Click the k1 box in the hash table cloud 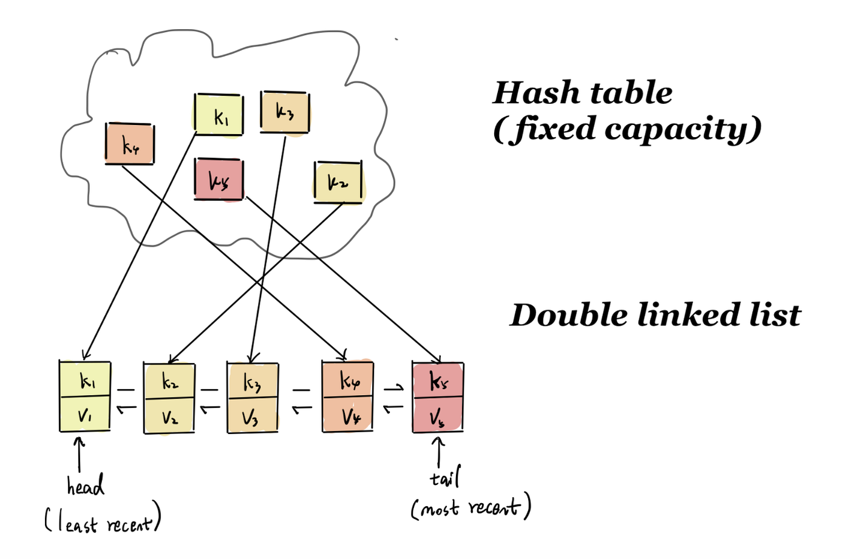pyautogui.click(x=219, y=115)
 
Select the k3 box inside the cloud pyautogui.click(x=285, y=112)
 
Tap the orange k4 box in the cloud pyautogui.click(x=130, y=144)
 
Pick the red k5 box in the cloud pyautogui.click(x=219, y=180)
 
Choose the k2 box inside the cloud pyautogui.click(x=338, y=182)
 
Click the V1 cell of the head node pyautogui.click(x=85, y=415)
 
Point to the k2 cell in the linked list pyautogui.click(x=169, y=381)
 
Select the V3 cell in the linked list pyautogui.click(x=253, y=416)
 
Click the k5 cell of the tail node pyautogui.click(x=438, y=381)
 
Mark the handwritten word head pyautogui.click(x=85, y=486)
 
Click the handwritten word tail pyautogui.click(x=445, y=478)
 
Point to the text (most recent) pyautogui.click(x=471, y=507)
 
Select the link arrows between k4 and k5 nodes pyautogui.click(x=393, y=398)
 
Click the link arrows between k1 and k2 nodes pyautogui.click(x=126, y=399)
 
